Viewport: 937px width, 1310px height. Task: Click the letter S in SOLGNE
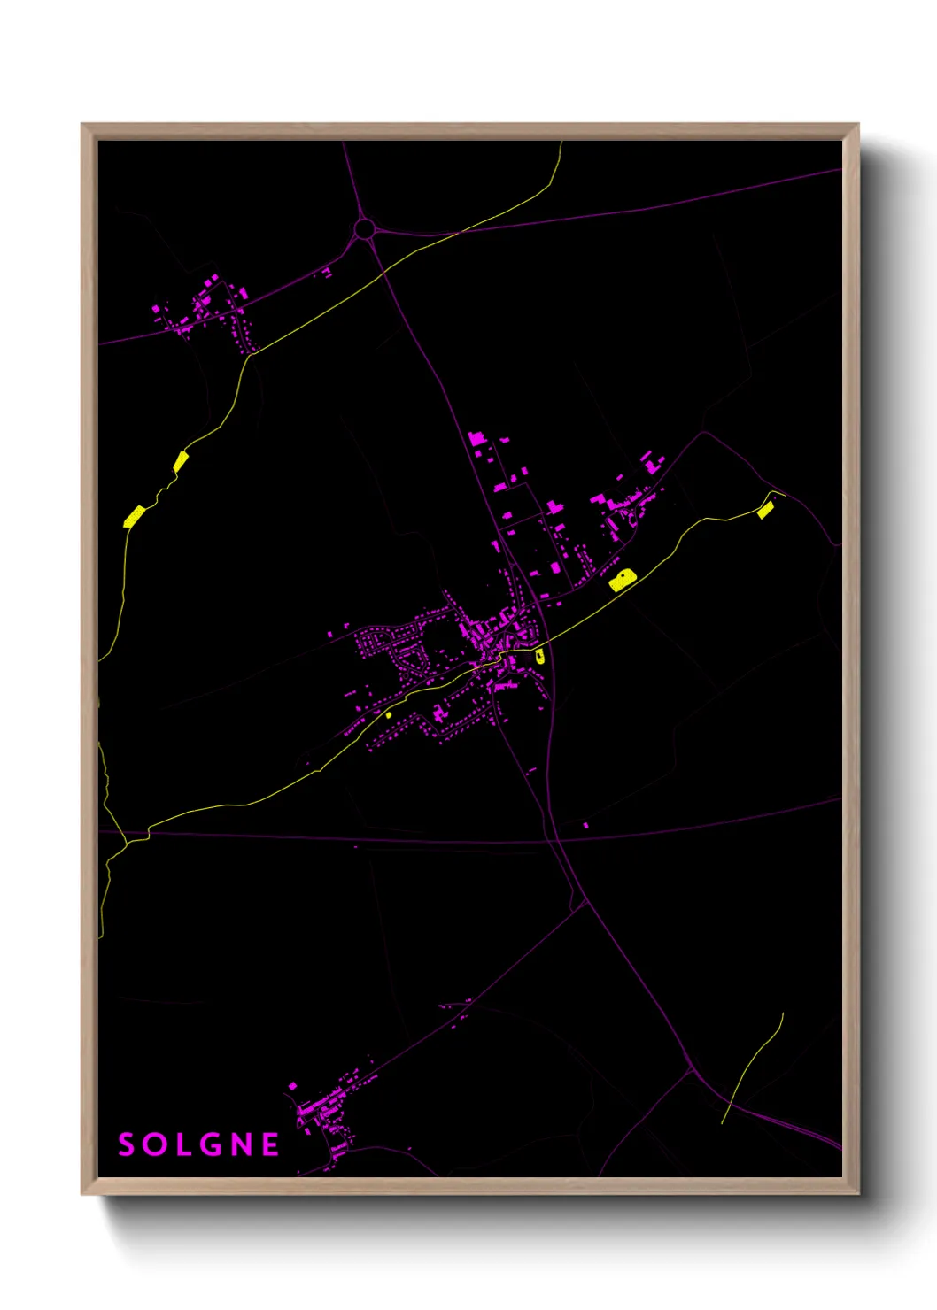127,1144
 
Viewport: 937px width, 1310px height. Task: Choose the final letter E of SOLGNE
270,1144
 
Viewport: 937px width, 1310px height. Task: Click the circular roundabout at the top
364,230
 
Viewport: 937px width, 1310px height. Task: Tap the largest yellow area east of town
623,580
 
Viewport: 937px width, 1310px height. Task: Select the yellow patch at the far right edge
765,509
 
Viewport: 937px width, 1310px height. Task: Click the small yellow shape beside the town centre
539,655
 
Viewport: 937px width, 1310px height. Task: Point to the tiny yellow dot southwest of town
389,714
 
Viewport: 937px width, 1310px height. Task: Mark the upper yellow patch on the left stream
181,461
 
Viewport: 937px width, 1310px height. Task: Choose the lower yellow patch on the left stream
134,516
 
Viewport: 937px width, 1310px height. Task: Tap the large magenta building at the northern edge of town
476,438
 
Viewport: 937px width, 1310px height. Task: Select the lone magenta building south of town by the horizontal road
585,826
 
